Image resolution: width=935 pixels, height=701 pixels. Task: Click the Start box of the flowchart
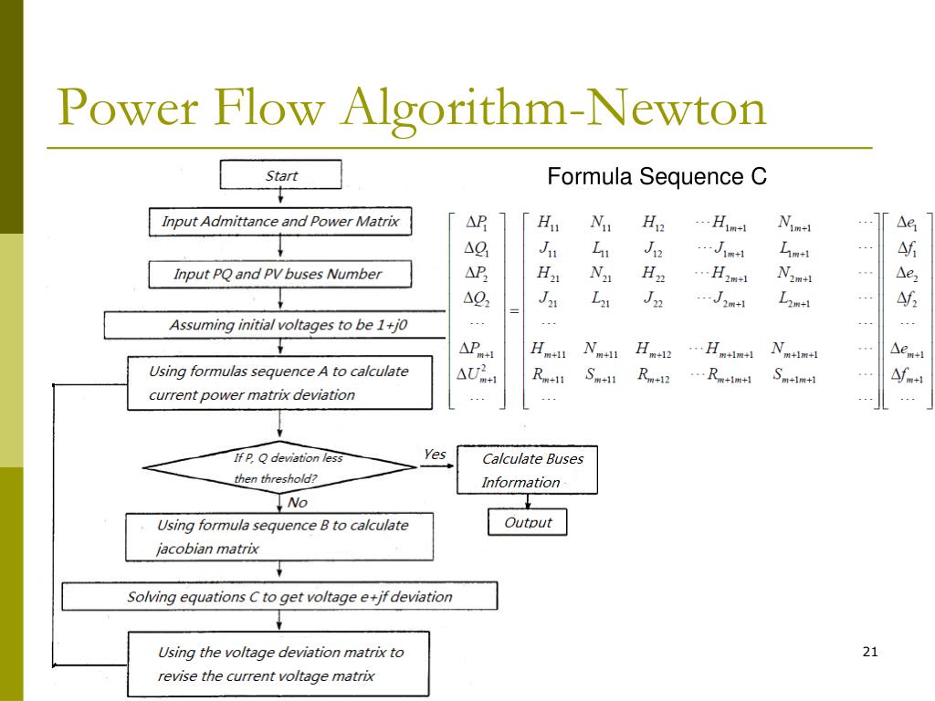pos(281,174)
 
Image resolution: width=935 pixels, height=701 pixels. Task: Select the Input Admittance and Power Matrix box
pos(280,222)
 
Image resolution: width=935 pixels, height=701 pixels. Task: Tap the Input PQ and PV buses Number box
pos(280,274)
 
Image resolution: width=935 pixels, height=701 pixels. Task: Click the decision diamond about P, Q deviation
pos(279,467)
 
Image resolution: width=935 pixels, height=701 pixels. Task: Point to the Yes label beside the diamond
pos(435,455)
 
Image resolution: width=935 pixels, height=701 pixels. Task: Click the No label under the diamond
pos(298,503)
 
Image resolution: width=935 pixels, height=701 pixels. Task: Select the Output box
pos(528,522)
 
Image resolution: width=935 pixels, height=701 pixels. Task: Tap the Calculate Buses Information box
pos(527,470)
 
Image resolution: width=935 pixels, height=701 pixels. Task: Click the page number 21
pos(870,652)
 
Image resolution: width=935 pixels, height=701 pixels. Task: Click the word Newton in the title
pos(677,108)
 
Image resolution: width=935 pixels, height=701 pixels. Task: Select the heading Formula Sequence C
pos(657,176)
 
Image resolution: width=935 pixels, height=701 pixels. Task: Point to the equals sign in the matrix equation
pos(514,311)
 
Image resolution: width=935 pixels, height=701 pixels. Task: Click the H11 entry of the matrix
pos(548,223)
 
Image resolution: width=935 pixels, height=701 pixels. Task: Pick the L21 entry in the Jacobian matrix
pos(601,298)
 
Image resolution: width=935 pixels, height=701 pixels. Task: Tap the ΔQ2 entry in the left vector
pos(477,298)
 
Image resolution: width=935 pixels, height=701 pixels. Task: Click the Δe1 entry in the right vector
pos(907,223)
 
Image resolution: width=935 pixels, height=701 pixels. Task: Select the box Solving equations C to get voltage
pos(279,596)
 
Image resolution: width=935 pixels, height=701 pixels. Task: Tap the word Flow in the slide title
pos(269,108)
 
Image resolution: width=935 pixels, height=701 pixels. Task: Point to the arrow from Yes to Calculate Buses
pos(437,466)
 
